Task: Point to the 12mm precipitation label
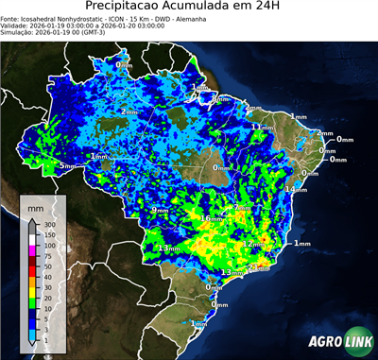point(249,244)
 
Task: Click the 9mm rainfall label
point(160,210)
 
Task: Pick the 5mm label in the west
point(66,166)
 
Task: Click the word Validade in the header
point(17,26)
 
